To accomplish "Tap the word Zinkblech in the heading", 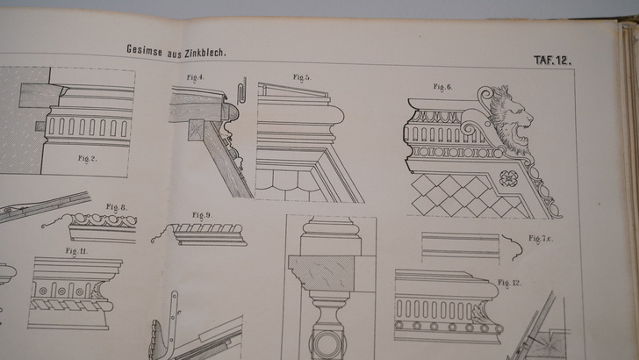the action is [x=205, y=53].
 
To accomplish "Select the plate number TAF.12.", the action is [x=552, y=61].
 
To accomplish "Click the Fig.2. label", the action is [x=87, y=158].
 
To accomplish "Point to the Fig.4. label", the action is [x=196, y=77].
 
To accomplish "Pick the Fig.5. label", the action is [x=302, y=77].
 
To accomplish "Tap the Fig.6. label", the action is [x=442, y=86].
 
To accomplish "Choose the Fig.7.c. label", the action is [x=541, y=239].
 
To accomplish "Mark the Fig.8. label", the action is [x=116, y=207].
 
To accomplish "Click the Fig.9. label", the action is [x=202, y=215].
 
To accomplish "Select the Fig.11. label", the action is [x=76, y=251].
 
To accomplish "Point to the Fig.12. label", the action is [x=509, y=282].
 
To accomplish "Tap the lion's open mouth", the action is [x=519, y=133].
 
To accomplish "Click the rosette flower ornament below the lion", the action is [x=509, y=178].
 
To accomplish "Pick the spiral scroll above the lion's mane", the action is [x=485, y=96].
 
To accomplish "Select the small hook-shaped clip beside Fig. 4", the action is [x=241, y=90].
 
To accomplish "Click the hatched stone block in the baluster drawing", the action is [x=321, y=273].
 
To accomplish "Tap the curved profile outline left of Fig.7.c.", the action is [x=513, y=248].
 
